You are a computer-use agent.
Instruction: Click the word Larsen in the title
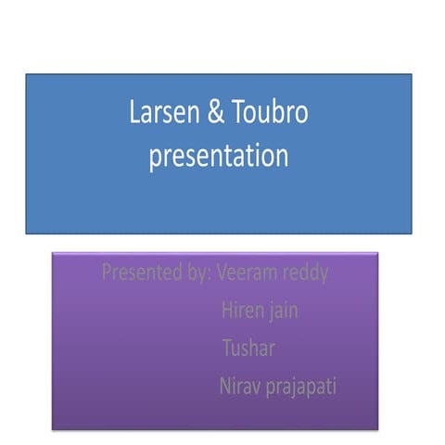(x=159, y=115)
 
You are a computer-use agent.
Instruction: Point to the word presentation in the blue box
(x=219, y=156)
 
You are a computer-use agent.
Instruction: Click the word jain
(x=282, y=311)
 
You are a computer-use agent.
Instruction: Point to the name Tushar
(x=248, y=349)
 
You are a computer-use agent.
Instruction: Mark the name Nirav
(x=240, y=385)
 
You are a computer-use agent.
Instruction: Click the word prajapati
(x=300, y=385)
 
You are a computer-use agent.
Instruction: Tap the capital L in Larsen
(x=134, y=115)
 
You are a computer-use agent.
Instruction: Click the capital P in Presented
(x=106, y=273)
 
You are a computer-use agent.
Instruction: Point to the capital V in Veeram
(x=222, y=273)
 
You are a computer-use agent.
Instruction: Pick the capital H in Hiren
(x=227, y=311)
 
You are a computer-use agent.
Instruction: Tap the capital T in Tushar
(x=227, y=349)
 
